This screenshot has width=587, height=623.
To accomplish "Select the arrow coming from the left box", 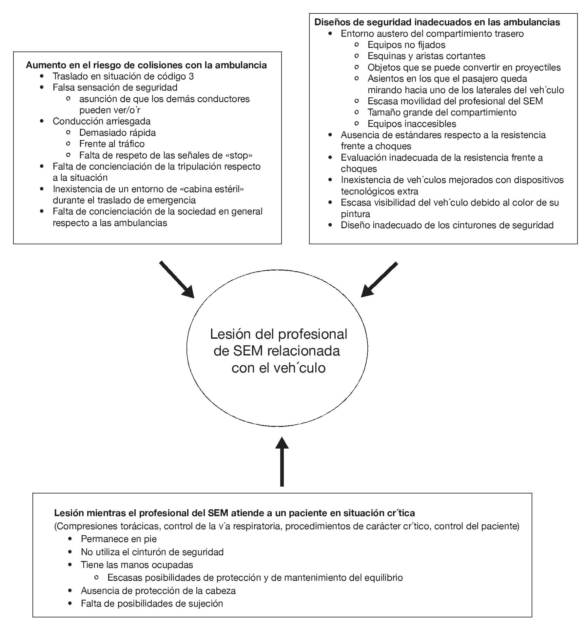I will click(x=177, y=280).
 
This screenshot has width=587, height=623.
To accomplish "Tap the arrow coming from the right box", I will click(x=379, y=280).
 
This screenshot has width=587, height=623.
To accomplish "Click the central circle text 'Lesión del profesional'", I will click(x=279, y=334).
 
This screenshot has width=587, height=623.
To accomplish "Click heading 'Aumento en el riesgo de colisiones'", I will click(x=146, y=65).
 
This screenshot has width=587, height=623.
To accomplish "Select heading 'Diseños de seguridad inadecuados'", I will click(x=437, y=22).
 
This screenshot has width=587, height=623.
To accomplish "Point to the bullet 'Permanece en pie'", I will click(x=119, y=539).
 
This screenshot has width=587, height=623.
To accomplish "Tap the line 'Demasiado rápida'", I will click(x=117, y=132).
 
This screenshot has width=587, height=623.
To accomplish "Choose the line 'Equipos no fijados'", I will click(x=406, y=45).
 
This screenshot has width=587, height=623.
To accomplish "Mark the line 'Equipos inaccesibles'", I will click(x=412, y=124).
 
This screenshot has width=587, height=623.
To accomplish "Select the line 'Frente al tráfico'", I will click(x=112, y=144).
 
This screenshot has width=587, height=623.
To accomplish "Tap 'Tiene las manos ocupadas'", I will click(x=137, y=565).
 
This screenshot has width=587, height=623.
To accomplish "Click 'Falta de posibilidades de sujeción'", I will click(x=152, y=603).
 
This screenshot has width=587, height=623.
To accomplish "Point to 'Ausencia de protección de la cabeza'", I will click(x=158, y=591).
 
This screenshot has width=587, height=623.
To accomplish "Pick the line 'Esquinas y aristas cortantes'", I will click(x=426, y=56).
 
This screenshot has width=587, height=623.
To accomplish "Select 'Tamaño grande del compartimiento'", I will click(x=442, y=112).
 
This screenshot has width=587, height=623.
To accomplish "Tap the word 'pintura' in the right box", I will click(x=356, y=214).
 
